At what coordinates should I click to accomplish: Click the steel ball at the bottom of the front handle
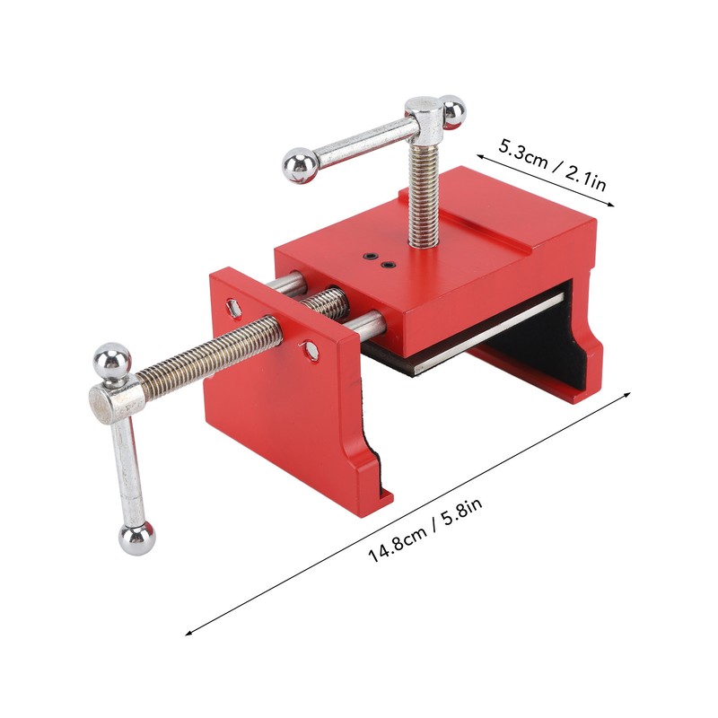(136, 538)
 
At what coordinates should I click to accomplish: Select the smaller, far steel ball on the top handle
(452, 111)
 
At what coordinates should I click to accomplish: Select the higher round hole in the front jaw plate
(235, 307)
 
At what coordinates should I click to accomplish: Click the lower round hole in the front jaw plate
(310, 350)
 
